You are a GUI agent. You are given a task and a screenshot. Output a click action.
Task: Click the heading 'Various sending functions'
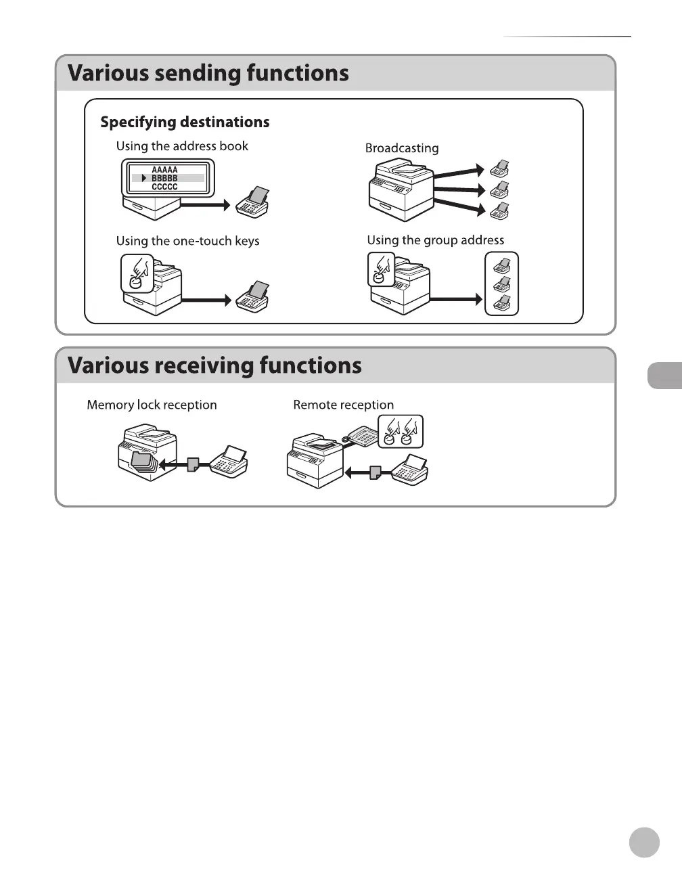pos(208,73)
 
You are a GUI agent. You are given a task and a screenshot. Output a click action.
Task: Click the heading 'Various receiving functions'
pos(214,365)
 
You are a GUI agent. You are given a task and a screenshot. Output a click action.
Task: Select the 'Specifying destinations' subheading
pos(185,122)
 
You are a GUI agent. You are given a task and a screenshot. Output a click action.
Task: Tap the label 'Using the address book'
pos(182,146)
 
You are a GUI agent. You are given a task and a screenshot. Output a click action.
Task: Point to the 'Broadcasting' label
pos(402,148)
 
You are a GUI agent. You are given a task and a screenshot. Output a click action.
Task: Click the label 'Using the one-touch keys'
pos(187,241)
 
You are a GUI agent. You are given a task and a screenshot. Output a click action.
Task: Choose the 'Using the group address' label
pos(435,240)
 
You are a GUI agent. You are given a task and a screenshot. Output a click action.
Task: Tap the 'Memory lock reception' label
pos(152,405)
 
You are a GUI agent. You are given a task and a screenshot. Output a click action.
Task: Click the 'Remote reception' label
pos(343,405)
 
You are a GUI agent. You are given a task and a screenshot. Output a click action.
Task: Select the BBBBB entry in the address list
pos(164,178)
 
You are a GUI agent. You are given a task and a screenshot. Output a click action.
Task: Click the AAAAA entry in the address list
pos(164,170)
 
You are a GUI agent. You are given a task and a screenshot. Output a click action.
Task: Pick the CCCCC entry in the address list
pos(164,187)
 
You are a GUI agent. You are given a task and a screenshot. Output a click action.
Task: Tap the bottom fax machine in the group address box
pos(502,303)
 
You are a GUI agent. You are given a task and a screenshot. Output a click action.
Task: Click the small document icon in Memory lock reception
pos(193,464)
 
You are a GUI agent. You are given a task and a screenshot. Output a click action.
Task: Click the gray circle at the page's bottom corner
pos(644,842)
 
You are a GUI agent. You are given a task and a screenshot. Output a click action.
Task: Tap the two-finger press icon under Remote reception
pos(400,432)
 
